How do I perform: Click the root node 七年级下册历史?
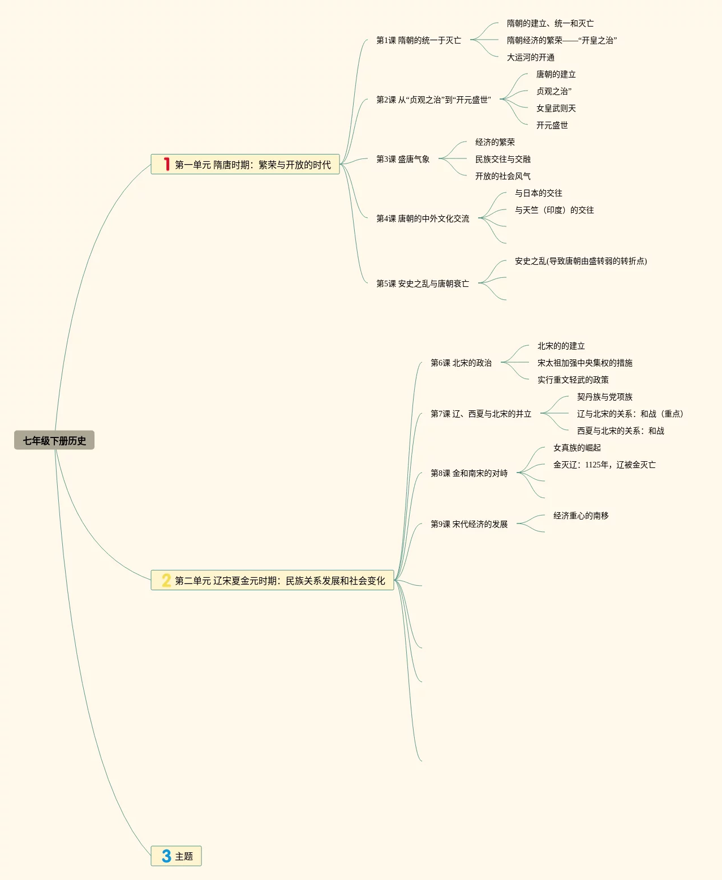pyautogui.click(x=54, y=440)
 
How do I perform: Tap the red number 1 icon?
pyautogui.click(x=166, y=164)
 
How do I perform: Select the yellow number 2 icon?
pyautogui.click(x=166, y=580)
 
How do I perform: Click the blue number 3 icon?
pyautogui.click(x=166, y=856)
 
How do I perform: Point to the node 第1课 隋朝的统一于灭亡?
pyautogui.click(x=419, y=40)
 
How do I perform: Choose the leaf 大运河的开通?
pyautogui.click(x=530, y=57)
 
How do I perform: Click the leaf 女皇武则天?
pyautogui.click(x=556, y=108)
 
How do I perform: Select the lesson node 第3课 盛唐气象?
pyautogui.click(x=403, y=159)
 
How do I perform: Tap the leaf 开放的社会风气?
pyautogui.click(x=502, y=176)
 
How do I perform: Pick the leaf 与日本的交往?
pyautogui.click(x=538, y=193)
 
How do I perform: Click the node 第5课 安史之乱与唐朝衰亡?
pyautogui.click(x=423, y=284)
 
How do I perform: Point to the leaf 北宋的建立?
pyautogui.click(x=561, y=346)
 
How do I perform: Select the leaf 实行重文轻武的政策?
pyautogui.click(x=573, y=380)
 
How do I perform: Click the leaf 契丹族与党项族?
pyautogui.click(x=604, y=397)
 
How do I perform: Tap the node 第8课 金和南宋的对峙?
pyautogui.click(x=469, y=473)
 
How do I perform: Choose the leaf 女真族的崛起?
pyautogui.click(x=577, y=448)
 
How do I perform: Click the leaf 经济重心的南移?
pyautogui.click(x=581, y=516)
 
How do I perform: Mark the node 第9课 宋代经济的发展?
pyautogui.click(x=469, y=524)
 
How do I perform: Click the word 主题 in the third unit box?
pyautogui.click(x=184, y=856)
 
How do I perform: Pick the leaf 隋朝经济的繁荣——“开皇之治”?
pyautogui.click(x=561, y=40)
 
